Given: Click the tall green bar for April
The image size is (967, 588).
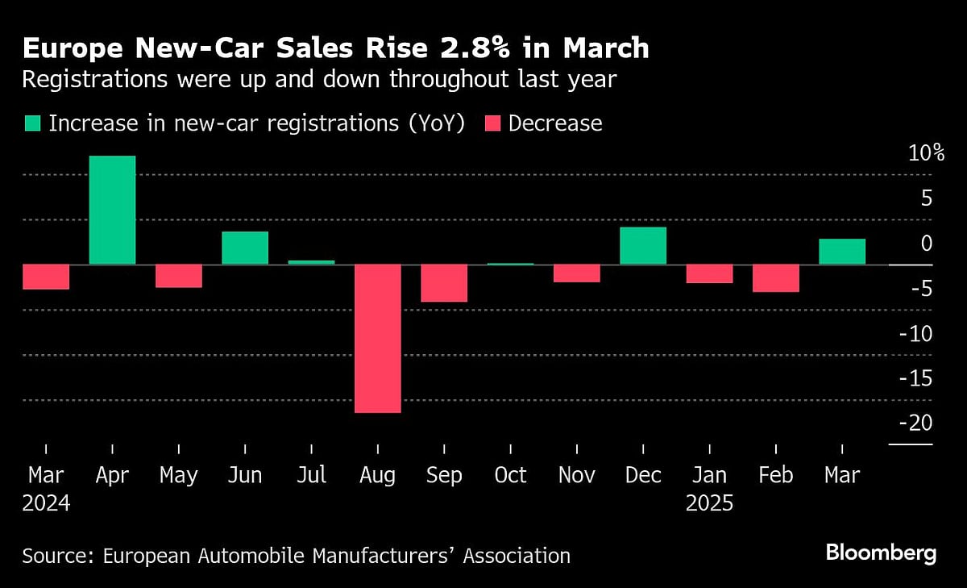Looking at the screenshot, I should pos(112,210).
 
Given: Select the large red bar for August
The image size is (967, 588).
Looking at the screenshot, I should pos(377,338).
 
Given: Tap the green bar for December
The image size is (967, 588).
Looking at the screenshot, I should pos(643,245).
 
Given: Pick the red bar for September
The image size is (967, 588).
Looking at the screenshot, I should pos(444,282).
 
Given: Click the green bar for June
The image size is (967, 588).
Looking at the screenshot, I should pos(245,248).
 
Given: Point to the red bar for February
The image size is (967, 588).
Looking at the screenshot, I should pos(776,277).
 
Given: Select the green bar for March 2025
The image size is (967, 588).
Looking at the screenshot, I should pos(842,251).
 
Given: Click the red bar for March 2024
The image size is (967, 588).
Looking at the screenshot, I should pos(46,276).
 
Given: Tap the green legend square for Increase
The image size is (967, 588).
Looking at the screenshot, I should pos(32,123).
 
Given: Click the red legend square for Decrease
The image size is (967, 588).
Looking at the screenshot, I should pos(492,123).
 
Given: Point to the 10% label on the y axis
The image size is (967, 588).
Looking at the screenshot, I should pos(916,152).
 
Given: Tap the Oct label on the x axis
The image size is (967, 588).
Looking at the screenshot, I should pos(510,475).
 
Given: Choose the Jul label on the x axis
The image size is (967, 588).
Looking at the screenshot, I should pos(311,475).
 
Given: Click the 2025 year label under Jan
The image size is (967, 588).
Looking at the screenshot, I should pos(709,504).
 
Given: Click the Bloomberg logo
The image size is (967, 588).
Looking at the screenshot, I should pos(881,553).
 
